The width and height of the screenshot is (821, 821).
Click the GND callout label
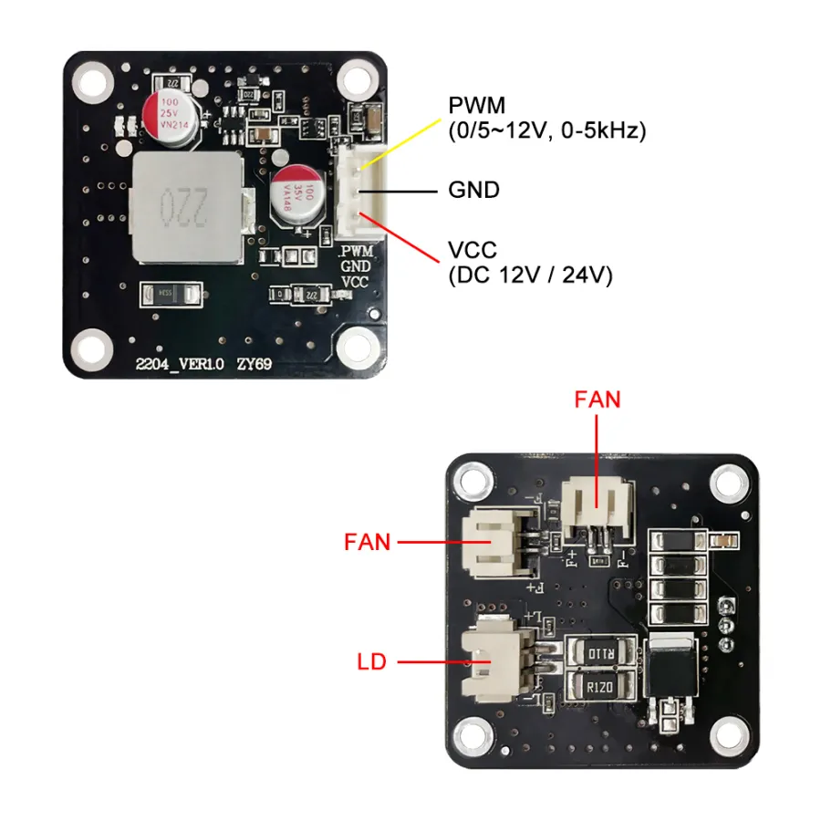point(474,191)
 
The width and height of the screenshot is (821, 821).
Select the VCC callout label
point(474,250)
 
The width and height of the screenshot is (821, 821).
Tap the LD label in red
point(372,661)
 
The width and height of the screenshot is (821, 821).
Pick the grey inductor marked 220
point(183,208)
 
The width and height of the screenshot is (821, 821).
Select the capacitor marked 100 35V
point(297,197)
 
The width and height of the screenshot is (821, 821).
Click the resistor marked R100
point(602,653)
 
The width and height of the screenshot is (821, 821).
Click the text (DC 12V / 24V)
point(529,275)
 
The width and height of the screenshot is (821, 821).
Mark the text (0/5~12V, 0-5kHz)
point(546,130)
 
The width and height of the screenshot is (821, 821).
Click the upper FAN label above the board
point(598,400)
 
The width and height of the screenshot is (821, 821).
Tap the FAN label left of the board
point(368,542)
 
